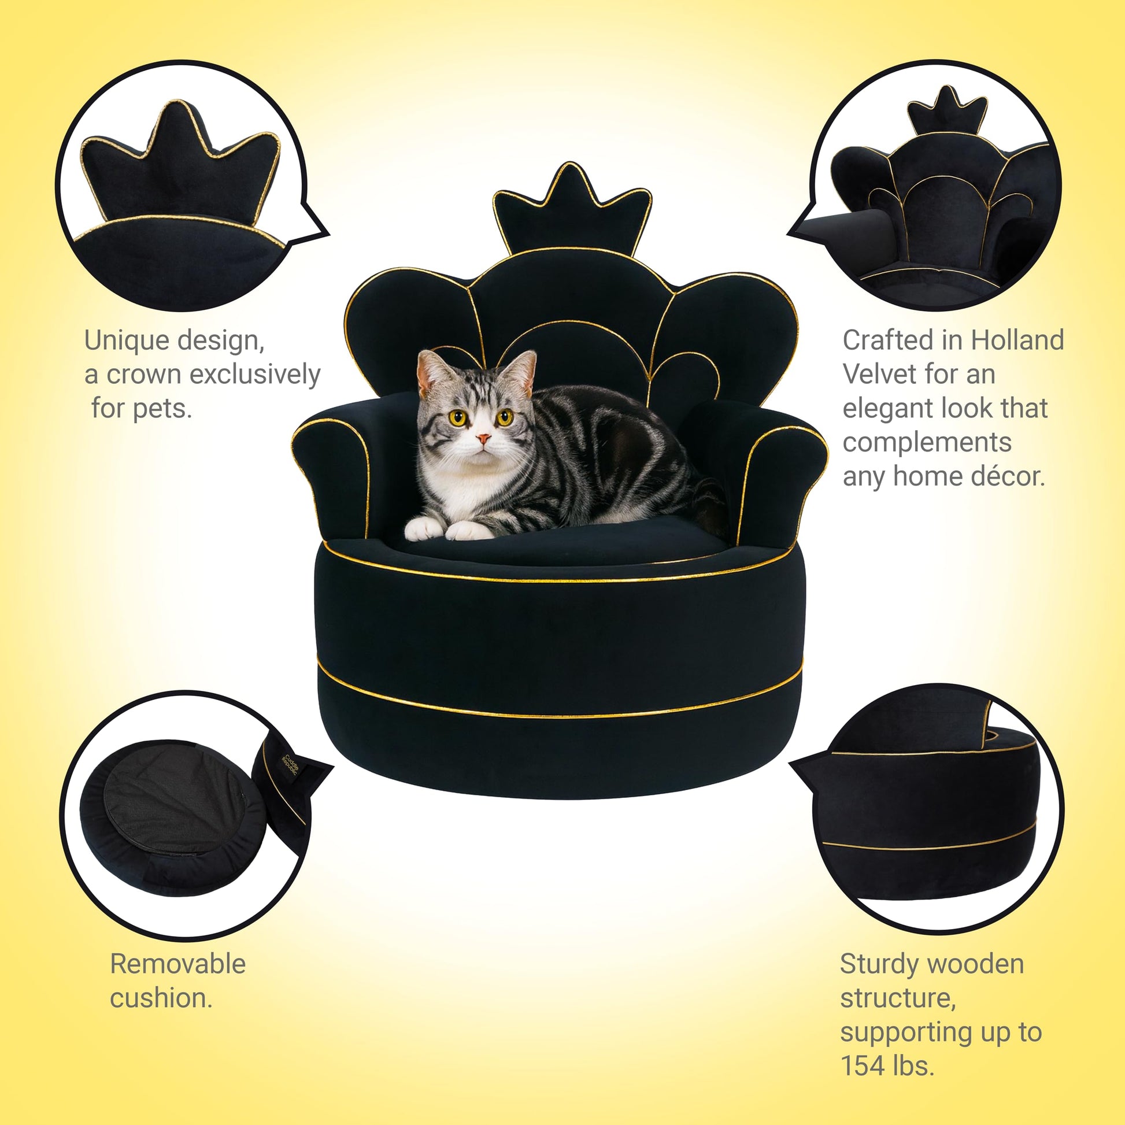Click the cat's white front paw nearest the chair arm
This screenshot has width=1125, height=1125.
(423, 528)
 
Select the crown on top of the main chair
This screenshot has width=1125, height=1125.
(572, 210)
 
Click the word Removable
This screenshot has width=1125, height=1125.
(177, 964)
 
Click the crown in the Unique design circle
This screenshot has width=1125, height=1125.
(180, 166)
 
